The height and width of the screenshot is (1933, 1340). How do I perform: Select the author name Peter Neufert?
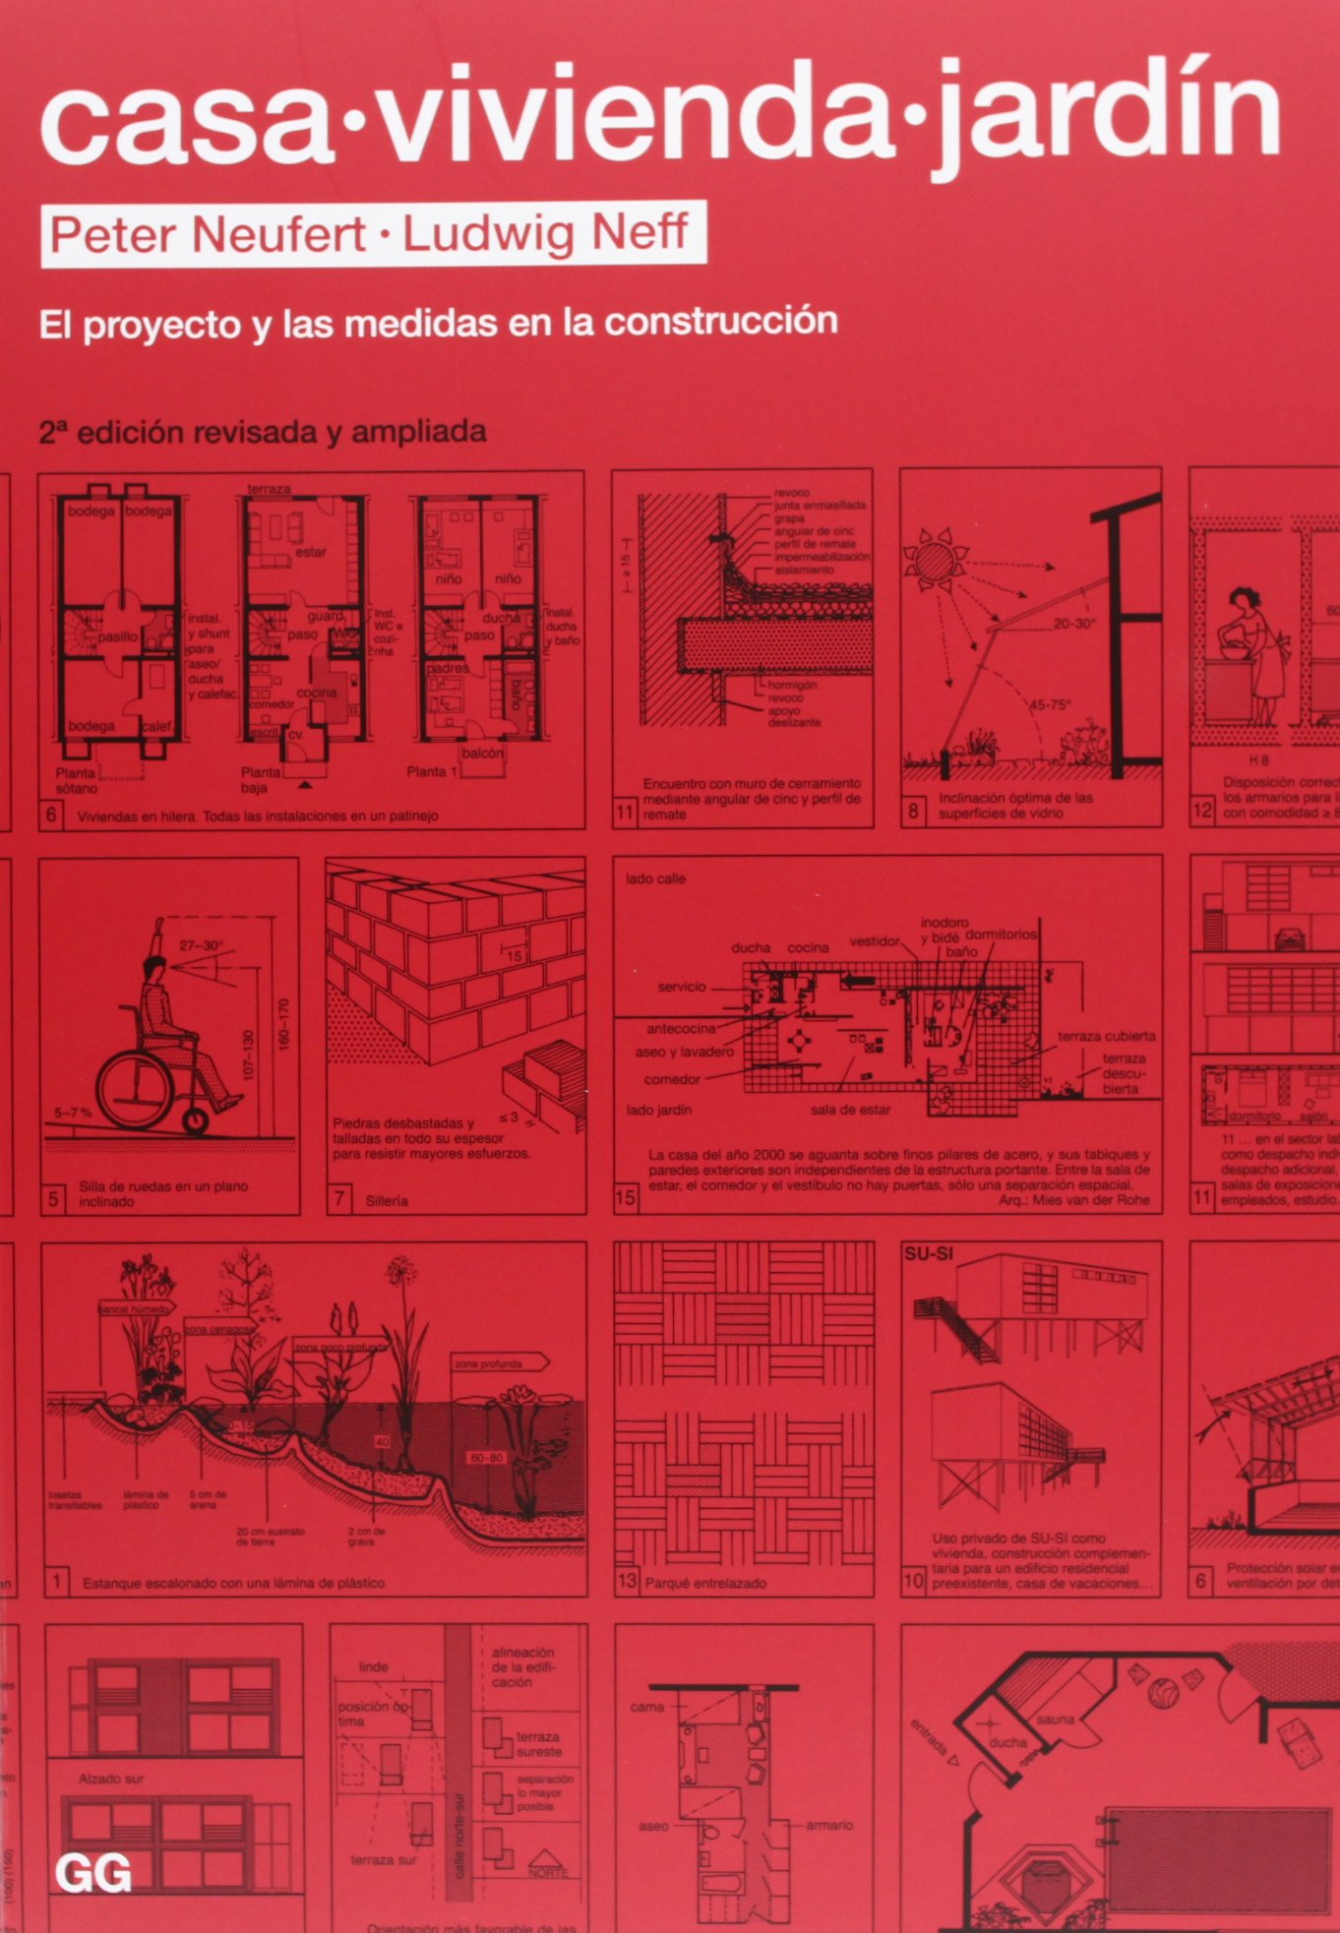pyautogui.click(x=208, y=235)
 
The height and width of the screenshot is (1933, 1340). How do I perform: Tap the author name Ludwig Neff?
pyautogui.click(x=546, y=233)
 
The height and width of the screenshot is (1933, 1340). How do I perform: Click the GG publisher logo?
pyautogui.click(x=93, y=1873)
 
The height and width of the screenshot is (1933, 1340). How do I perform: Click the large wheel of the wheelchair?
pyautogui.click(x=136, y=1088)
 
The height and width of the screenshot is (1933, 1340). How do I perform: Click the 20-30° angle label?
pyautogui.click(x=1073, y=624)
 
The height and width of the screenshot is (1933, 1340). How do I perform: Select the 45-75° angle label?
pyautogui.click(x=1049, y=704)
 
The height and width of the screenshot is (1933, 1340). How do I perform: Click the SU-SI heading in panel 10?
pyautogui.click(x=928, y=1254)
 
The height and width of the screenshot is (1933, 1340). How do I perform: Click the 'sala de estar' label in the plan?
pyautogui.click(x=850, y=1110)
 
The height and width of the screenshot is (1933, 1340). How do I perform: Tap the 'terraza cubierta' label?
pyautogui.click(x=1106, y=1036)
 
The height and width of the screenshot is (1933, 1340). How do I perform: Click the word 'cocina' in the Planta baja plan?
pyautogui.click(x=317, y=693)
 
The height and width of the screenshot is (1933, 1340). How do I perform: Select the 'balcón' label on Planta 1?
pyautogui.click(x=482, y=753)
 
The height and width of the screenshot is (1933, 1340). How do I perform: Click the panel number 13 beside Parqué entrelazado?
pyautogui.click(x=627, y=1581)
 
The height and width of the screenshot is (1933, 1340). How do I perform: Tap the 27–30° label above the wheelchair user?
pyautogui.click(x=201, y=945)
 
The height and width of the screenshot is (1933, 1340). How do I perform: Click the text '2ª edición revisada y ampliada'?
pyautogui.click(x=263, y=432)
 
